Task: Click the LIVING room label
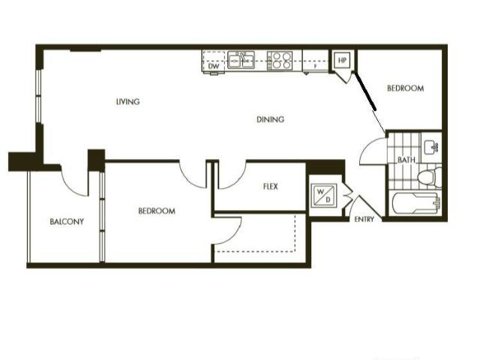(128, 102)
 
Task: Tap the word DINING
(270, 119)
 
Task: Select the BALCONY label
(67, 221)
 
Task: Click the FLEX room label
(271, 186)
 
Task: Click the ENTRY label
(365, 220)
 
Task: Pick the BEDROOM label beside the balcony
(157, 211)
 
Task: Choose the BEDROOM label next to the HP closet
(405, 88)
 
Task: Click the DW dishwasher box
(214, 66)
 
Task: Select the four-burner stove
(280, 60)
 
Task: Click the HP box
(343, 60)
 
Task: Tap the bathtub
(415, 203)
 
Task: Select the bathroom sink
(430, 145)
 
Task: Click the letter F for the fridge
(315, 67)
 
